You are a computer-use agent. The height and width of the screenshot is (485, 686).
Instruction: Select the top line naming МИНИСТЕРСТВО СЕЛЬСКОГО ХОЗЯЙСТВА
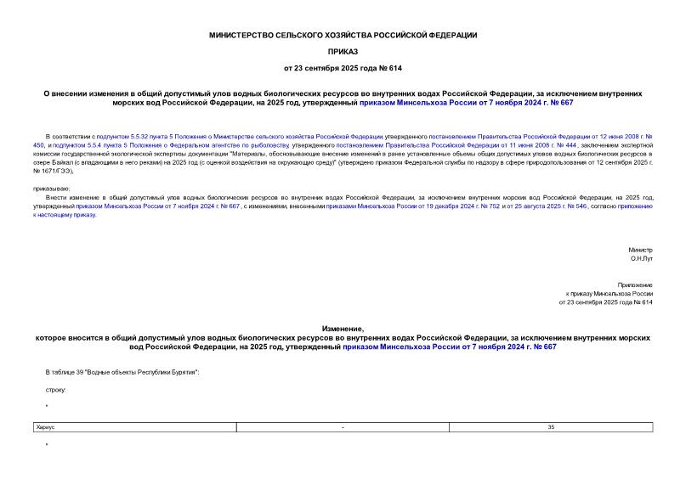[x=343, y=35]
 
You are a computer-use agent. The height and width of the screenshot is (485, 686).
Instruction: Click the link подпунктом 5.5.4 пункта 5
[x=94, y=145]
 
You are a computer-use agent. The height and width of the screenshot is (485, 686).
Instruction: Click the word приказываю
[x=52, y=187]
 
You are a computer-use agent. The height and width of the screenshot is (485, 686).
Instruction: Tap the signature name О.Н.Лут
[x=643, y=260]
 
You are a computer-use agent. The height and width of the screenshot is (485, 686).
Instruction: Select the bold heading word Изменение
[x=343, y=328]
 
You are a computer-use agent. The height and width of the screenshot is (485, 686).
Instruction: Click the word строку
[x=54, y=389]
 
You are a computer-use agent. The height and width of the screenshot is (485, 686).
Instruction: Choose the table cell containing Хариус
[x=132, y=427]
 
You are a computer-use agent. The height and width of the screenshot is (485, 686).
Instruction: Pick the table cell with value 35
[x=551, y=427]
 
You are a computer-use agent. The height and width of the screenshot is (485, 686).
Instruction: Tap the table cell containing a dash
[x=343, y=427]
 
